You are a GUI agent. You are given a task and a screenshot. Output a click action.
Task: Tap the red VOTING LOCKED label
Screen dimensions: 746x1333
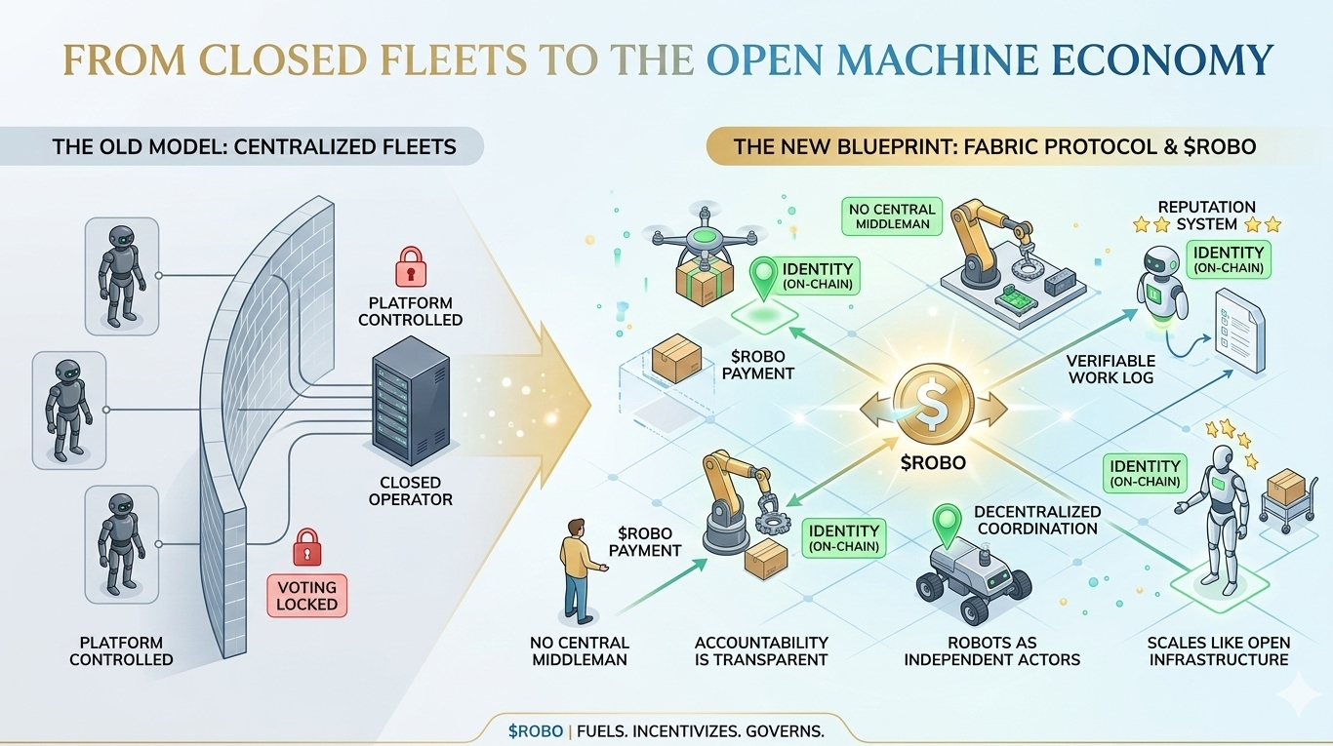(307, 595)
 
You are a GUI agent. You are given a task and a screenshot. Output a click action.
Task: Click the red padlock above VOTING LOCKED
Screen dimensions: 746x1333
(307, 546)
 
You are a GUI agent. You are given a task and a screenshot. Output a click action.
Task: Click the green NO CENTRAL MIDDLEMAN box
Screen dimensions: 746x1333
(892, 216)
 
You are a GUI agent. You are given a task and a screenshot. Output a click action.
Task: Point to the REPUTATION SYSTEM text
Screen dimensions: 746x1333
(1206, 216)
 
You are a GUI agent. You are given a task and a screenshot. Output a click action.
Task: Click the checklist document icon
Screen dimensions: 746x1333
(1238, 334)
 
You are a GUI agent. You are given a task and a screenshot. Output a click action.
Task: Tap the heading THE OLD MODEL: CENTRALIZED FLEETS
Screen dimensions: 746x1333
(254, 147)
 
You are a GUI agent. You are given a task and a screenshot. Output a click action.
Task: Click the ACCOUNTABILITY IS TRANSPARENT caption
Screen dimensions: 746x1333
(761, 650)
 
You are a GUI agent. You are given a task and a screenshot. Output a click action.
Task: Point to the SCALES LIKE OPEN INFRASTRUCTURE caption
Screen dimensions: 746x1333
(1219, 650)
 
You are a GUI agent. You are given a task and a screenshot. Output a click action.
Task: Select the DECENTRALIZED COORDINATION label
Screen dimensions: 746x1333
(1038, 520)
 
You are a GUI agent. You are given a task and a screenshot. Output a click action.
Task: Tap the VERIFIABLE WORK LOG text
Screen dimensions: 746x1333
(1111, 369)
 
